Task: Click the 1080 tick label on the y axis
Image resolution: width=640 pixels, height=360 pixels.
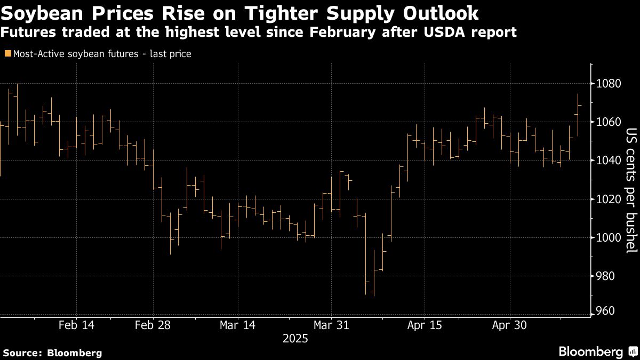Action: tap(608, 84)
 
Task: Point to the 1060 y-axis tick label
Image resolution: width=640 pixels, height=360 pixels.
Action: tap(608, 122)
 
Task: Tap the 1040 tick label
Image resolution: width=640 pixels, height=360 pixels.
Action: tap(608, 161)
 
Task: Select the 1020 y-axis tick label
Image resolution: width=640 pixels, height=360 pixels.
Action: tap(608, 199)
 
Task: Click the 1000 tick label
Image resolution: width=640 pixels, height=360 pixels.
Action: tap(608, 238)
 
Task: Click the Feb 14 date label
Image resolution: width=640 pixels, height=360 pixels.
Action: tap(77, 325)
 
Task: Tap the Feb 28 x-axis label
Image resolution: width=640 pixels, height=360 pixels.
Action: tap(153, 325)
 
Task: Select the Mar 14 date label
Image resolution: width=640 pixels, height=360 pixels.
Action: tap(238, 325)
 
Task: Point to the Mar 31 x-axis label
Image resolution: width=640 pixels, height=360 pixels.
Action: tap(331, 325)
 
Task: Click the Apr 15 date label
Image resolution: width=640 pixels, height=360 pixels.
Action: tap(425, 325)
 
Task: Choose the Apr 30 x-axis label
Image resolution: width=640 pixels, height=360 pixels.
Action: tap(509, 325)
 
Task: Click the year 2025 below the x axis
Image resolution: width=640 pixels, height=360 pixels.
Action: tap(295, 338)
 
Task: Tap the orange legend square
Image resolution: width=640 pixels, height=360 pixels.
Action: tap(7, 54)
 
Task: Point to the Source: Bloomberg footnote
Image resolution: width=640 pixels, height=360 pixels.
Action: tap(52, 353)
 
